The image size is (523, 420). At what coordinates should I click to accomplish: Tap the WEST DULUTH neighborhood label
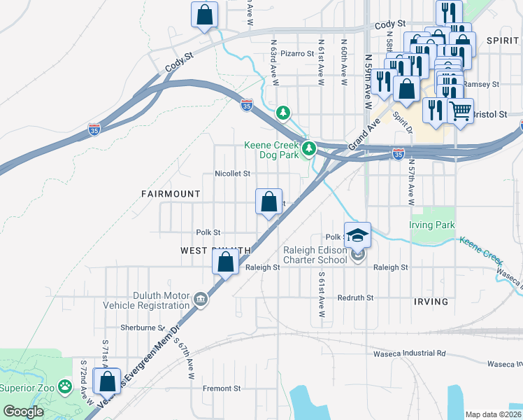(215, 250)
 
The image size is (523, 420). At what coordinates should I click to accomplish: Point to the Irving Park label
(432, 225)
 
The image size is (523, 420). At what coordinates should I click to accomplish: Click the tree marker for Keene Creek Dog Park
(308, 148)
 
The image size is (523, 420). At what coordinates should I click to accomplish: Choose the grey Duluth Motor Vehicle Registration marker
(201, 300)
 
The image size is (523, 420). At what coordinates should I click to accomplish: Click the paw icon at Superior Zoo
(65, 385)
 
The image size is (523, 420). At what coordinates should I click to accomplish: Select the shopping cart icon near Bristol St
(459, 110)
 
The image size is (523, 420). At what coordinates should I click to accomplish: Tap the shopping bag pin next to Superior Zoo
(107, 382)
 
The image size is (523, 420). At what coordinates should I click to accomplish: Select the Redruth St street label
(357, 297)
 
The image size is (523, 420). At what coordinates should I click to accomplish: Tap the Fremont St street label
(222, 388)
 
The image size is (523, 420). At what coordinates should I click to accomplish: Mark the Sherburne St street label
(142, 328)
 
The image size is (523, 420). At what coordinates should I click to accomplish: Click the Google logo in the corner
(23, 412)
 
